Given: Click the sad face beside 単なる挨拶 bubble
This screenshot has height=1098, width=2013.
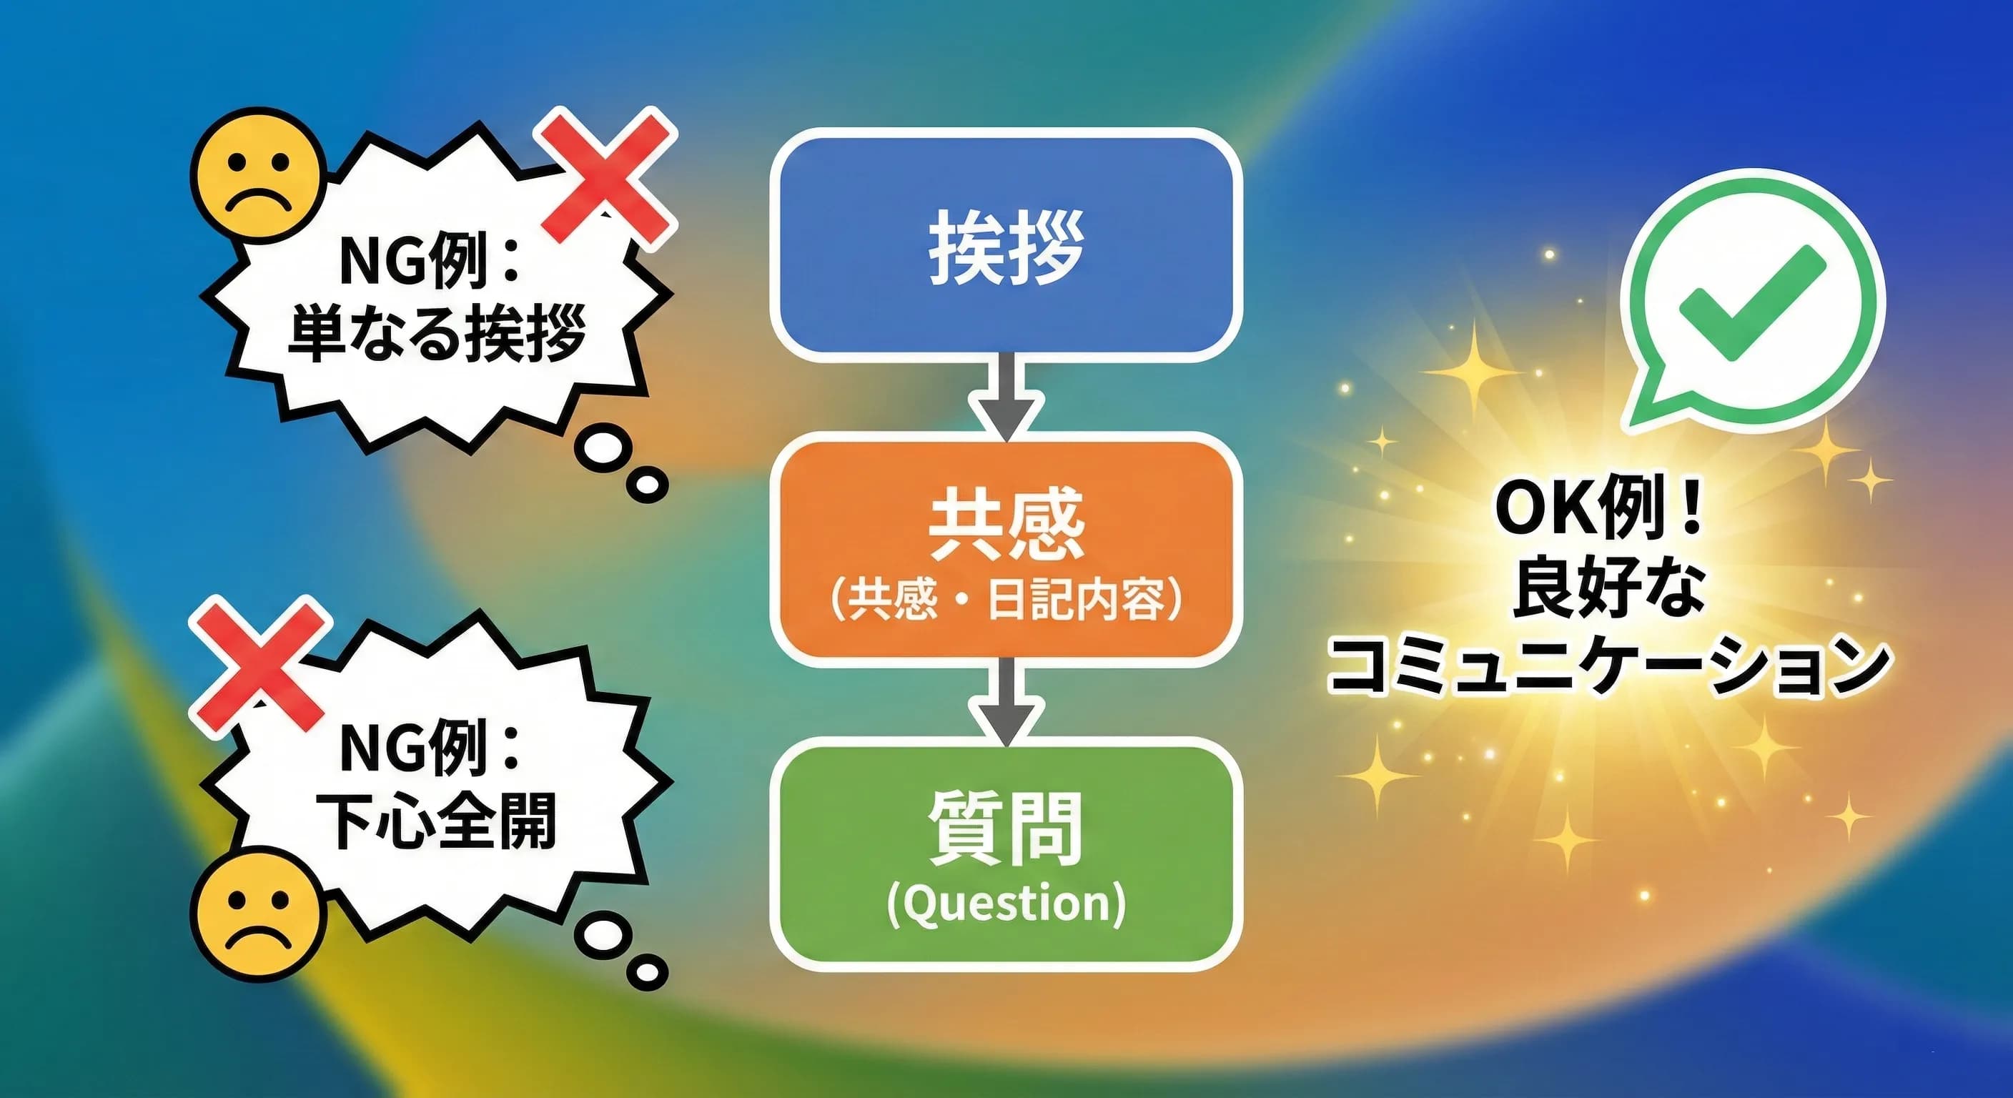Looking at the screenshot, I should click(258, 175).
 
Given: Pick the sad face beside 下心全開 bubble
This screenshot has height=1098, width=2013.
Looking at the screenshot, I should click(258, 914).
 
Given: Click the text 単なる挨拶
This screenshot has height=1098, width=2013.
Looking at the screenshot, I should click(437, 335).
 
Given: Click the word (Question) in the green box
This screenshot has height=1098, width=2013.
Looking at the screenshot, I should click(1006, 904).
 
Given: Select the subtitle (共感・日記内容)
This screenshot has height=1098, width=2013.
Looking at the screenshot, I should click(1006, 600).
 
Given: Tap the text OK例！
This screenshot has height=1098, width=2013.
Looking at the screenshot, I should click(1599, 508).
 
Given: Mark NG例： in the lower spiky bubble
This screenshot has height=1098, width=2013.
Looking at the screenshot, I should click(430, 748).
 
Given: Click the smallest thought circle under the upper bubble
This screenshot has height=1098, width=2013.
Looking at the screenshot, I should click(647, 485).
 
